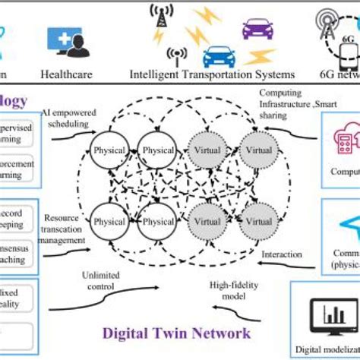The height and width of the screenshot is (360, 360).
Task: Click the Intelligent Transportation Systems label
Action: click(212, 76)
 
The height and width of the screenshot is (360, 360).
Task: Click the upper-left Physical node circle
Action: click(109, 150)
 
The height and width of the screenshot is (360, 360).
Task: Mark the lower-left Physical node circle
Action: click(109, 221)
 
